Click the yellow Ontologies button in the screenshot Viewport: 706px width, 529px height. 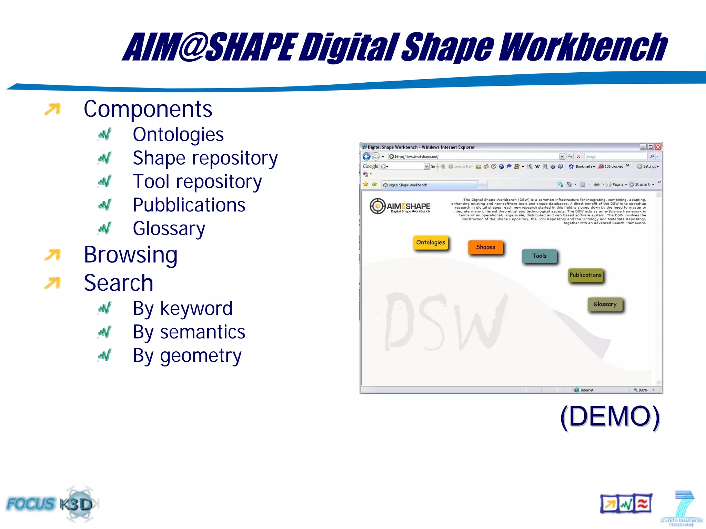[x=431, y=242]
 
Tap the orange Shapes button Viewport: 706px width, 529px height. [x=485, y=247]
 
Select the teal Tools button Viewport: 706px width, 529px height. [x=539, y=256]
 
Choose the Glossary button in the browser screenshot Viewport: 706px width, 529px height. [x=605, y=304]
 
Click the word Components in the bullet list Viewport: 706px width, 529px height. [x=148, y=109]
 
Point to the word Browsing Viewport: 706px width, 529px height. [x=131, y=255]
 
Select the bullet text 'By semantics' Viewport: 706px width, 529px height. [x=189, y=332]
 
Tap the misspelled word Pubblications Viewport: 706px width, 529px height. [x=189, y=205]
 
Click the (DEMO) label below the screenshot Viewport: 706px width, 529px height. [x=610, y=417]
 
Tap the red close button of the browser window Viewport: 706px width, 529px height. [x=658, y=147]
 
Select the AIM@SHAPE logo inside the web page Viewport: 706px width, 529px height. [x=400, y=206]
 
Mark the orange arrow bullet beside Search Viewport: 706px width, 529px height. [x=52, y=283]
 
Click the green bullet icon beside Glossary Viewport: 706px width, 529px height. [x=104, y=228]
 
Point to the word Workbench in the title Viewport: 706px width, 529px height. [x=583, y=47]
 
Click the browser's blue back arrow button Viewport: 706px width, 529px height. [x=366, y=157]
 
